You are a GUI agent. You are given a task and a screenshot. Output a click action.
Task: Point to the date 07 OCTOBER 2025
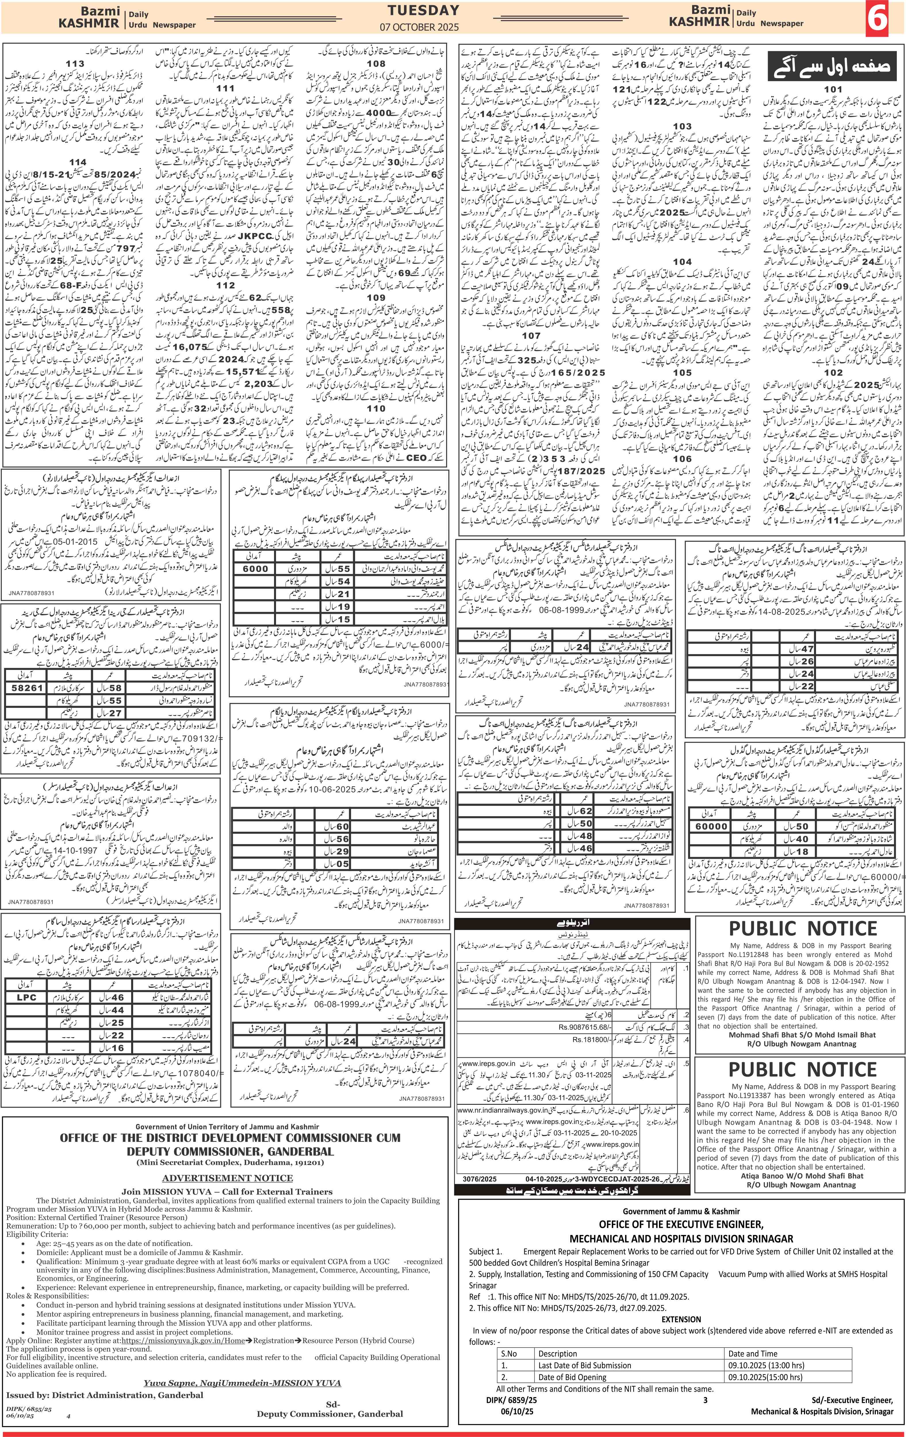point(423,27)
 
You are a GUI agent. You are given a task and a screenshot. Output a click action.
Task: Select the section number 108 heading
point(376,63)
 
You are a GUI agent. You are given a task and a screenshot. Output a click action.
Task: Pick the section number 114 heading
point(78,162)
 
